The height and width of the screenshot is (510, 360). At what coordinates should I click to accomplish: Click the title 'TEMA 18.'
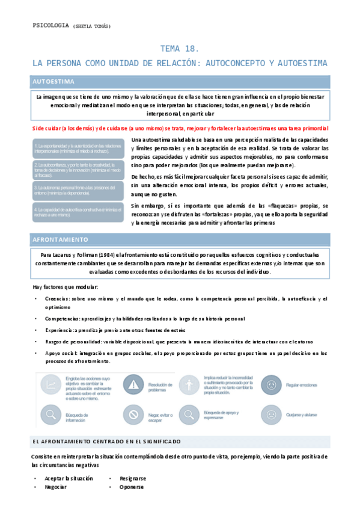point(180,49)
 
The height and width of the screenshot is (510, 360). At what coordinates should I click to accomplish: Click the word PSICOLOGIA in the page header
point(50,26)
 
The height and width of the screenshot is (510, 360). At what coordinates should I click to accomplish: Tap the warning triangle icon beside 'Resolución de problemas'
point(131,384)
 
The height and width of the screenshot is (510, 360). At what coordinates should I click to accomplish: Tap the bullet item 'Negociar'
point(55,487)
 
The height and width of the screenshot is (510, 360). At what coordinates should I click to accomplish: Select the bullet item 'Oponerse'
point(132,487)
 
